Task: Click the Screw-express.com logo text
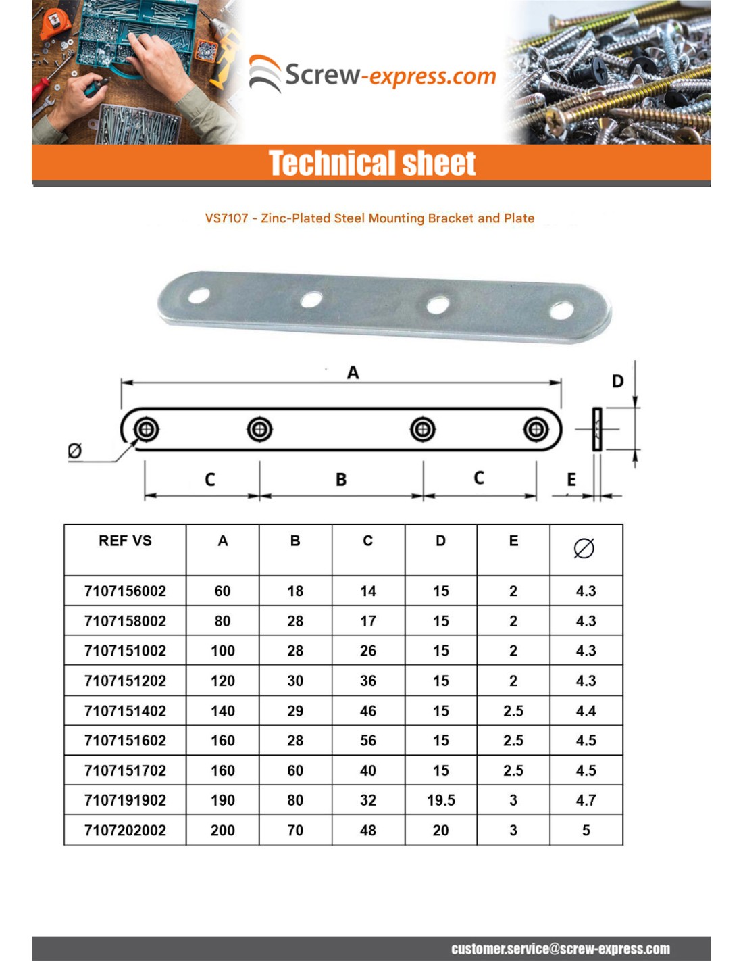(390, 75)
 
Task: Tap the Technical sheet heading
(371, 163)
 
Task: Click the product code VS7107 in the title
(226, 218)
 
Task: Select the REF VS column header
(125, 541)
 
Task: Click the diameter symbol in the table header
(584, 548)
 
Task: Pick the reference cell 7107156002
(125, 591)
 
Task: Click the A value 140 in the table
(222, 711)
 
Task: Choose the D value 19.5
(440, 800)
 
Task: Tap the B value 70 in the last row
(295, 830)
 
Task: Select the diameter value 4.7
(586, 800)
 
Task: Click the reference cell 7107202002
(125, 830)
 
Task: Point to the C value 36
(367, 681)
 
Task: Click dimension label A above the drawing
(353, 372)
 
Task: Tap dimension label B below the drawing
(341, 480)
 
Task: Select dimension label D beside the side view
(617, 382)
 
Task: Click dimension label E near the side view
(571, 480)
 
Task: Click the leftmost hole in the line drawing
(146, 429)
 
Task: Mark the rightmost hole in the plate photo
(561, 311)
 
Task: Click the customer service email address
(561, 949)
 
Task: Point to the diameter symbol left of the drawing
(75, 450)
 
